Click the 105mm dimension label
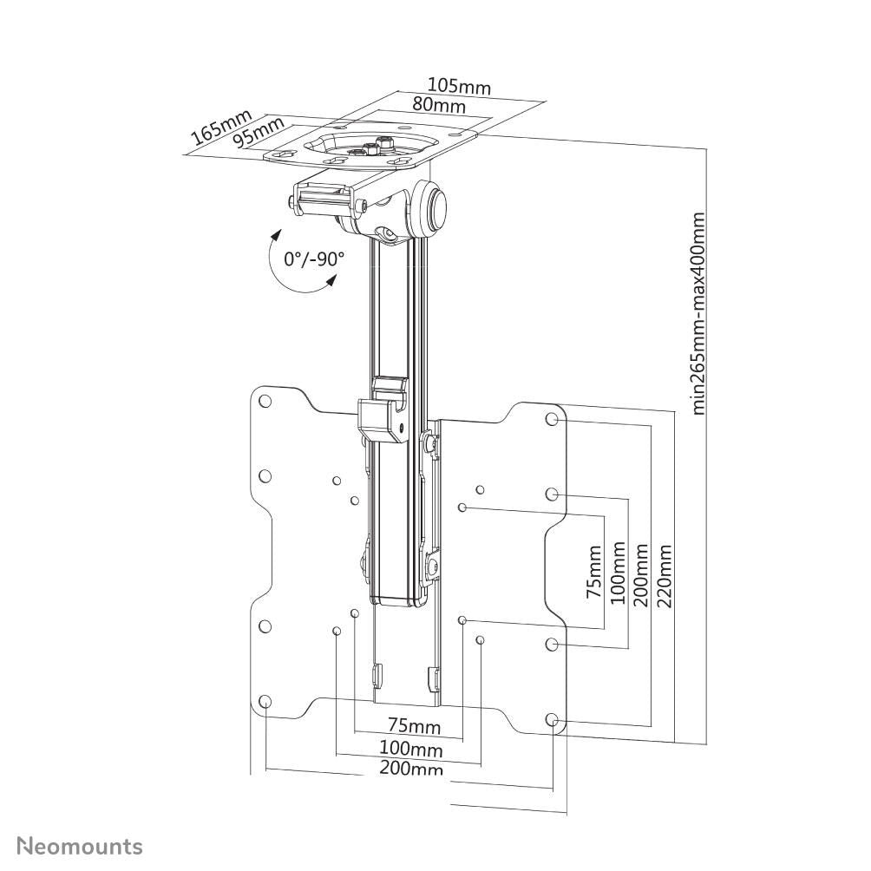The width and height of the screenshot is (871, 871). (x=458, y=87)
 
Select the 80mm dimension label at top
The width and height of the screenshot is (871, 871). (x=438, y=106)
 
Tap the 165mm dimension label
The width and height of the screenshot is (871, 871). (x=221, y=127)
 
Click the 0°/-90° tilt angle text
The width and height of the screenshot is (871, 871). (x=313, y=259)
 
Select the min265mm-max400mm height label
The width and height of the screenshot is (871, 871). (x=699, y=313)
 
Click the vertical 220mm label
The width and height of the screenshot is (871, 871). (x=665, y=575)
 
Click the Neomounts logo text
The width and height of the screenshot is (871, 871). (x=81, y=845)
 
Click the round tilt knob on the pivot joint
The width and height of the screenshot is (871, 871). (x=436, y=208)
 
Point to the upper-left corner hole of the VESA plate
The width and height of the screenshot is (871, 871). (x=265, y=402)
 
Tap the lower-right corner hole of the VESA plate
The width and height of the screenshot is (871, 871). (x=553, y=719)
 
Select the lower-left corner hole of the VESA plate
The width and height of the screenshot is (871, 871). (x=265, y=701)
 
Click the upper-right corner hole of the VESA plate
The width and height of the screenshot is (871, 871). (x=553, y=419)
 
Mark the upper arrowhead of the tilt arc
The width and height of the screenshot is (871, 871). (x=276, y=234)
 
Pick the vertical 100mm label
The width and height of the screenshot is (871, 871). (x=618, y=575)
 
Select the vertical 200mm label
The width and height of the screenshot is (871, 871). (x=642, y=575)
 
